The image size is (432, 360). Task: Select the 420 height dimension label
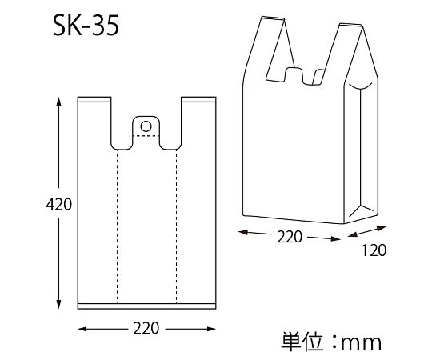[37, 205]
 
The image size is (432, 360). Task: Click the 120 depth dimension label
[373, 250]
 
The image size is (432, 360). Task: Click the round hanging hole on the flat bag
[146, 125]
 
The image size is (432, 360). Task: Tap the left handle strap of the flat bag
[94, 120]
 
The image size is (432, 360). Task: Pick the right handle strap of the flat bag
[198, 120]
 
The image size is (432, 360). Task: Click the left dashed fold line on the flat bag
[118, 224]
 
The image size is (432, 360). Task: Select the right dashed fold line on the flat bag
[176, 224]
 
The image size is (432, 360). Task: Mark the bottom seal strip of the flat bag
[146, 305]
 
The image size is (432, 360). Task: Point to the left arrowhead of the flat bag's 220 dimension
[82, 329]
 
